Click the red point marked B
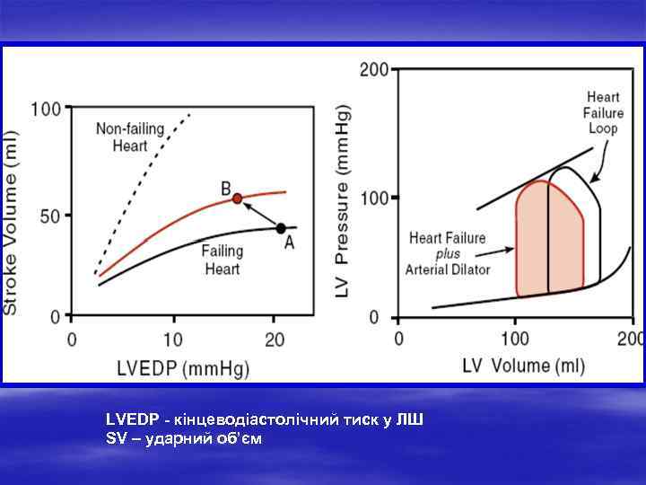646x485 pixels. click(x=238, y=198)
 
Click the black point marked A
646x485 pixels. click(x=281, y=228)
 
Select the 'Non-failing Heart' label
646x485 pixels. click(x=130, y=137)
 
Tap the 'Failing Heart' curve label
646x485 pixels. click(x=221, y=260)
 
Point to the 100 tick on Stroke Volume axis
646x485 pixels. click(x=47, y=110)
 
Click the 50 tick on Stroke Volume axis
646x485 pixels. click(x=52, y=216)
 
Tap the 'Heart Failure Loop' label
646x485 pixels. click(x=603, y=113)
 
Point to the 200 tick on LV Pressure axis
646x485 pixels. click(x=374, y=69)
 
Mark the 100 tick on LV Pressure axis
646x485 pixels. click(x=374, y=197)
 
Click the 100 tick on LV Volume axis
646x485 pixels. click(x=515, y=339)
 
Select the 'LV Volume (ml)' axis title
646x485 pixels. click(x=523, y=365)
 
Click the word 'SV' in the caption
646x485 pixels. click(x=114, y=437)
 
